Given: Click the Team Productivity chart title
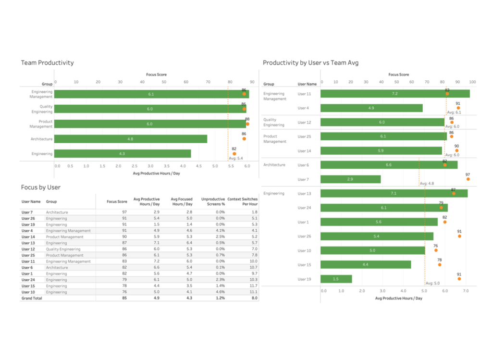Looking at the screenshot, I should tap(47, 62).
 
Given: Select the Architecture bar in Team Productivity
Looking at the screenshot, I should tap(131, 139).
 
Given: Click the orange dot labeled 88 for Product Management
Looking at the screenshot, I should tap(247, 124).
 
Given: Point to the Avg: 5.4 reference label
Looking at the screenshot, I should tap(236, 158).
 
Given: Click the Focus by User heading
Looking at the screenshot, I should tap(40, 187).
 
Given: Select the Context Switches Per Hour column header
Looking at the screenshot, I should tap(242, 201).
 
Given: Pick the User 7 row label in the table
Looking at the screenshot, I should tap(27, 212).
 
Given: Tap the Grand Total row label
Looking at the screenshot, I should tap(32, 298).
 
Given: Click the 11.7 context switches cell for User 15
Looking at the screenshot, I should tap(254, 286).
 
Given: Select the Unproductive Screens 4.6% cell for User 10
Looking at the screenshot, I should tap(220, 292).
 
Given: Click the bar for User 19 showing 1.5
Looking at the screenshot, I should tap(336, 279).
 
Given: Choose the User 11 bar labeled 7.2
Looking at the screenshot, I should tap(394, 94).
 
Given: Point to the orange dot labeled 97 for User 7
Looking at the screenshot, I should tap(467, 179).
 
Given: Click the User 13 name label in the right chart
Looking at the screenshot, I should tap(304, 194).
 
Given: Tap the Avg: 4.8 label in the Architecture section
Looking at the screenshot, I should tap(427, 184).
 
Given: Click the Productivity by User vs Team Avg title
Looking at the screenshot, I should tap(310, 62).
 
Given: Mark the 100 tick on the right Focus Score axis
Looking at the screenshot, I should tap(472, 82).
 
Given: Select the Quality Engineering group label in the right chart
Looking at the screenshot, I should tap(273, 122).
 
